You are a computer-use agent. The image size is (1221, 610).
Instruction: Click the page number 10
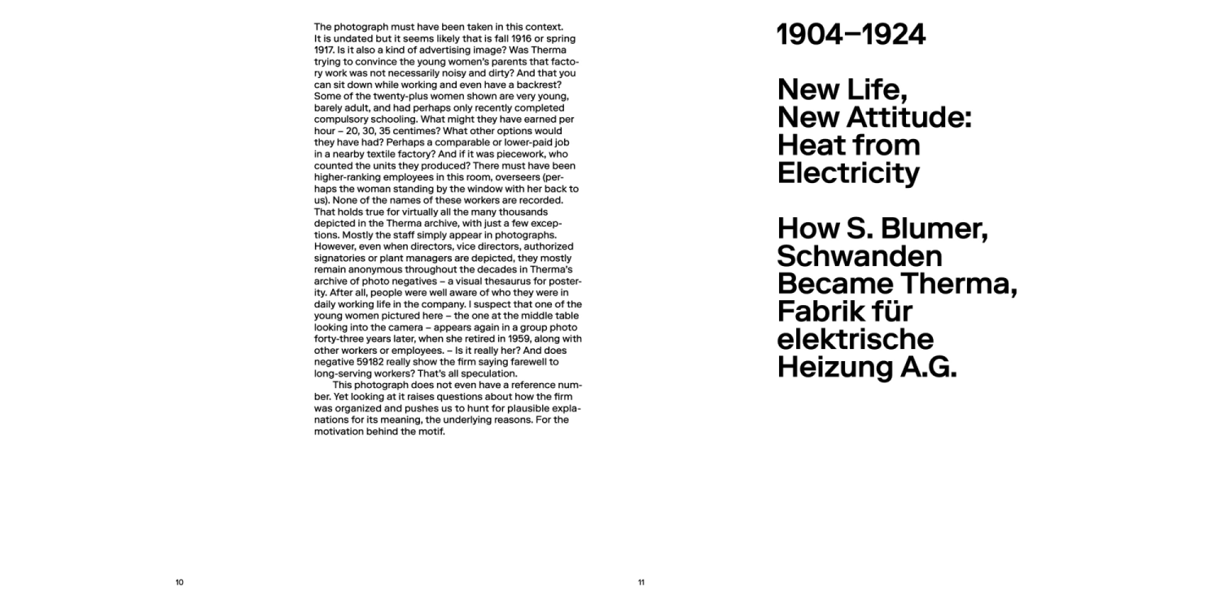click(x=179, y=582)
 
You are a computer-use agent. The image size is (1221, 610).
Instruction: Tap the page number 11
click(x=641, y=582)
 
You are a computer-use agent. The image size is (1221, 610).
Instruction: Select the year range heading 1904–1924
click(x=851, y=35)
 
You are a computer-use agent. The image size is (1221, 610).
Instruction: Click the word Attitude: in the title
click(x=909, y=118)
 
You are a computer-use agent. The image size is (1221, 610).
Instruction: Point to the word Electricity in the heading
click(x=848, y=173)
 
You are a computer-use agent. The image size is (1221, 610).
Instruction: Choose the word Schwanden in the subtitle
click(x=860, y=257)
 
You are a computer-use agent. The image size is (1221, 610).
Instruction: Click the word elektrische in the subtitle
click(x=855, y=339)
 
